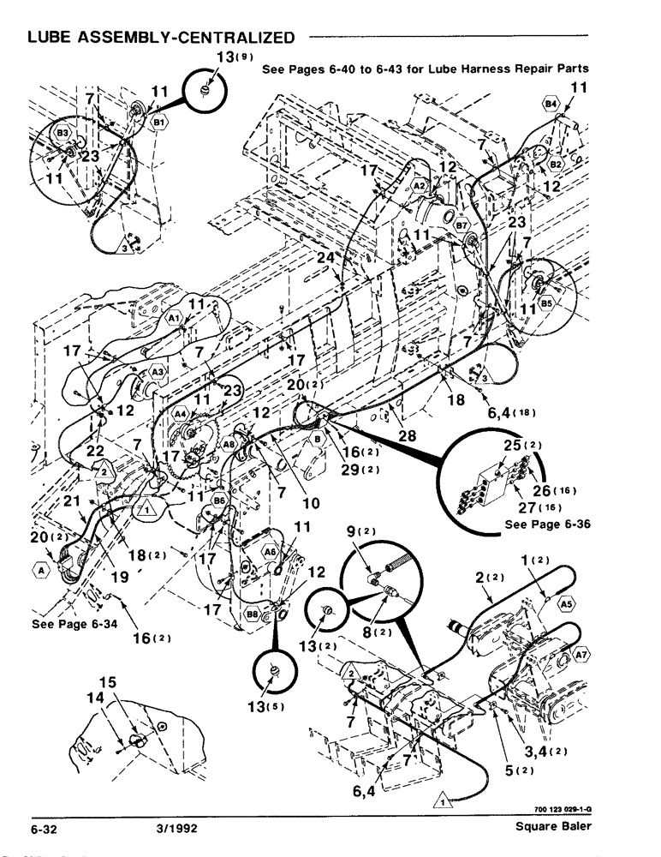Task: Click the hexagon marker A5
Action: point(565,604)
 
